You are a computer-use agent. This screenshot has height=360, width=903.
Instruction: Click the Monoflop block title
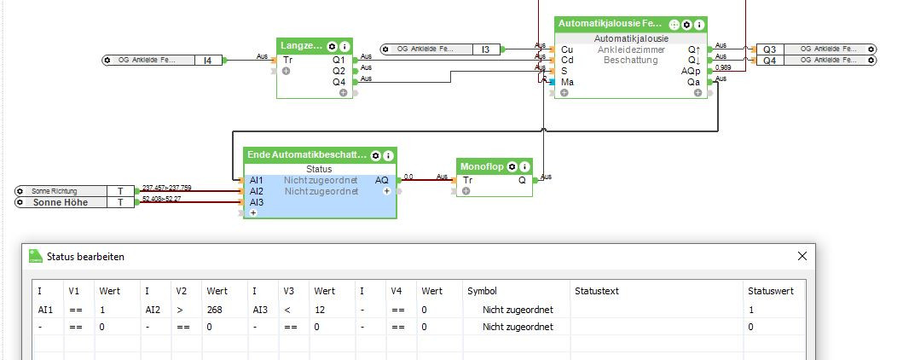[x=482, y=165]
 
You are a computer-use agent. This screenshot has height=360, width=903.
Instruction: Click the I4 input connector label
[x=207, y=60]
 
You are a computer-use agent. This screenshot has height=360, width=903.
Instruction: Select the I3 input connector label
[x=485, y=49]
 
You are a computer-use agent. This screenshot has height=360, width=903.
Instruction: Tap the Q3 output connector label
[x=769, y=49]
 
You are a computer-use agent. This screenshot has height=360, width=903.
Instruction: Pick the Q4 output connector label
[x=769, y=61]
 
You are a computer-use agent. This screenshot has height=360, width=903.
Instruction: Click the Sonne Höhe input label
[x=61, y=202]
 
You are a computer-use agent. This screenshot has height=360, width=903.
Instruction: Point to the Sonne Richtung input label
[x=52, y=191]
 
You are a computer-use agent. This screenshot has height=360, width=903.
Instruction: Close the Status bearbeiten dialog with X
[x=802, y=256]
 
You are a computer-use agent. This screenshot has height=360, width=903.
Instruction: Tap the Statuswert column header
[x=771, y=291]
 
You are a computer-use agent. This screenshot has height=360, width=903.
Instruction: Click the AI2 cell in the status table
[x=153, y=309]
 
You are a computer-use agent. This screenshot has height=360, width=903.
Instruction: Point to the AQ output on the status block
[x=381, y=180]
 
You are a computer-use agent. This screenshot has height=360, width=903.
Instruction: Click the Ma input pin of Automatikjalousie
[x=567, y=82]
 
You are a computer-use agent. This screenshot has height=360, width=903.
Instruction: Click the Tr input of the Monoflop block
[x=468, y=180]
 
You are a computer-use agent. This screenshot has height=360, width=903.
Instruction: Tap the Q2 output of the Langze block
[x=339, y=70]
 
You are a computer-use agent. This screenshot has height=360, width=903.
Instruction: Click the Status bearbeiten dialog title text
[x=87, y=256]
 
